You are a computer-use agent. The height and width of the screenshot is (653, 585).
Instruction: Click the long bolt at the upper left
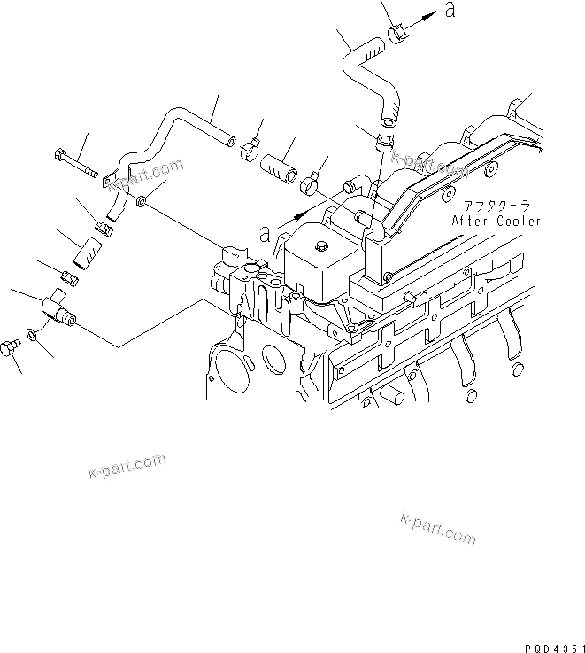point(77,167)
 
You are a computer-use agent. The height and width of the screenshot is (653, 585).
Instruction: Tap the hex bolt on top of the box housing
point(321,244)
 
